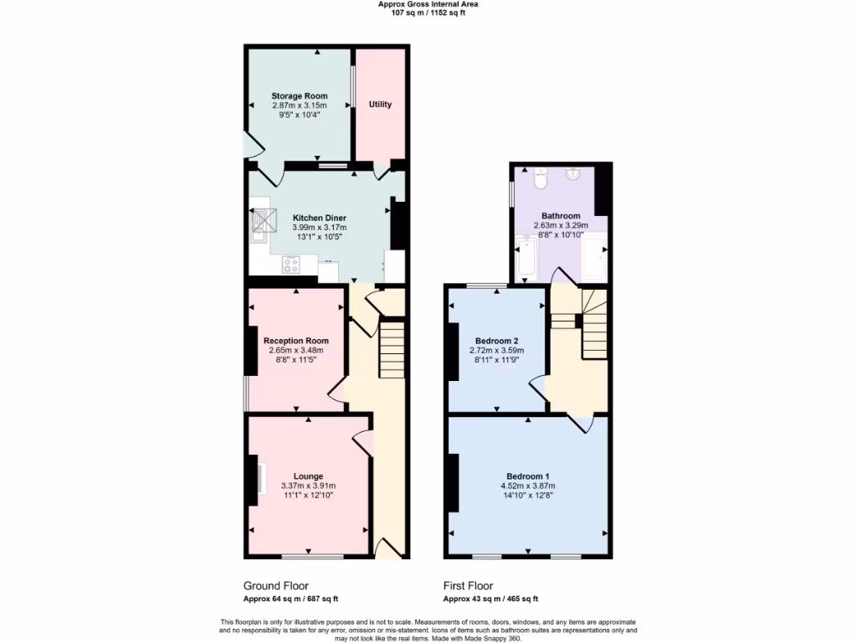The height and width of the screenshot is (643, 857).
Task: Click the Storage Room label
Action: click(299, 96)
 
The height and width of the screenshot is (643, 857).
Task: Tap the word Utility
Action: click(380, 105)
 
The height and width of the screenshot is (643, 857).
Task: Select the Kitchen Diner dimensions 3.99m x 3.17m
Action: click(319, 227)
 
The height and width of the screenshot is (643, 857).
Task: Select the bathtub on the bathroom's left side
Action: click(526, 258)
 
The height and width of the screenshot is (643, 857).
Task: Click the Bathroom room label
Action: click(561, 215)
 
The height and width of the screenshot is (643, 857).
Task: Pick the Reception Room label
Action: click(295, 341)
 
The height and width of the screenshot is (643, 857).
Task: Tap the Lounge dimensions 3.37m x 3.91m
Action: click(308, 486)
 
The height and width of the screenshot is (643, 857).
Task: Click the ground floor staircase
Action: click(392, 350)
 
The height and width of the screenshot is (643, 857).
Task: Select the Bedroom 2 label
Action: click(496, 341)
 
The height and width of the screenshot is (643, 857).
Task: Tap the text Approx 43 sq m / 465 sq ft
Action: click(490, 599)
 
